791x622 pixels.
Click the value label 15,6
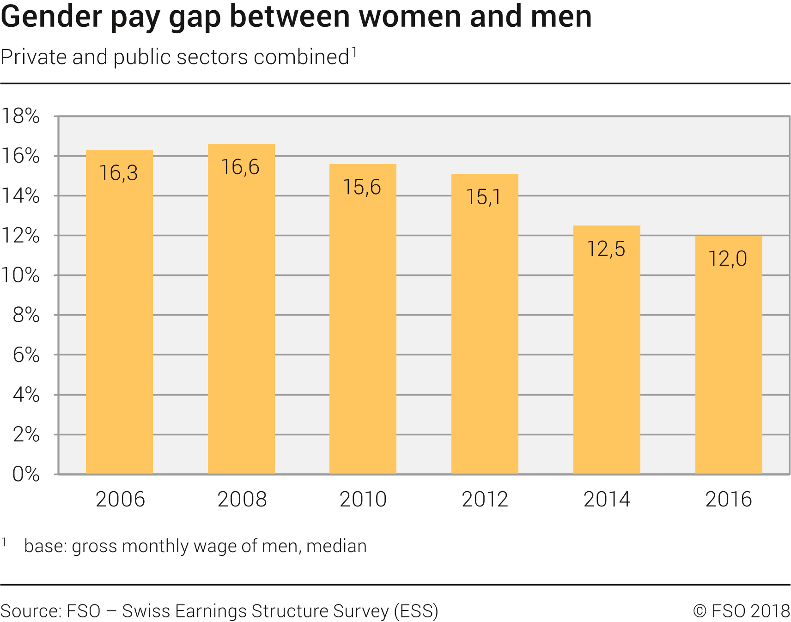pos(362,187)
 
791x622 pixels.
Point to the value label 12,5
pos(606,249)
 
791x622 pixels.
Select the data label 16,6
pos(240,167)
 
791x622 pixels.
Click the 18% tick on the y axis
pos(21,116)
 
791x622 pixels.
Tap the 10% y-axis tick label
pos(21,275)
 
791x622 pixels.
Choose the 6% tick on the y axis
pos(26,355)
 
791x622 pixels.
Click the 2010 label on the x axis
pos(363,500)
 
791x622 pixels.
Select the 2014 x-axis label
pos(607,500)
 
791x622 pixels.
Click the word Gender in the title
pos(52,17)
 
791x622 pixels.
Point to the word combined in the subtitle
pos(301,57)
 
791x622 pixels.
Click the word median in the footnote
pos(336,546)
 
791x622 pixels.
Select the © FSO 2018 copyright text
pos(742,611)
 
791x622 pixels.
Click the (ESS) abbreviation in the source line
pos(416,611)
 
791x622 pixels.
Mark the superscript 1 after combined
pos(354,51)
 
